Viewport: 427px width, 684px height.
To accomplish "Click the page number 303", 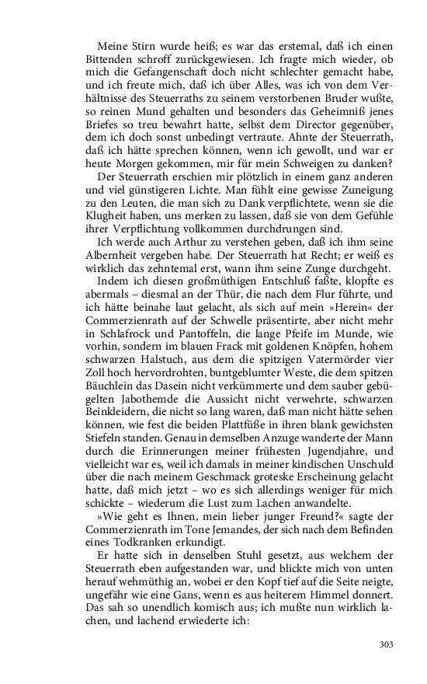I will [387, 643].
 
